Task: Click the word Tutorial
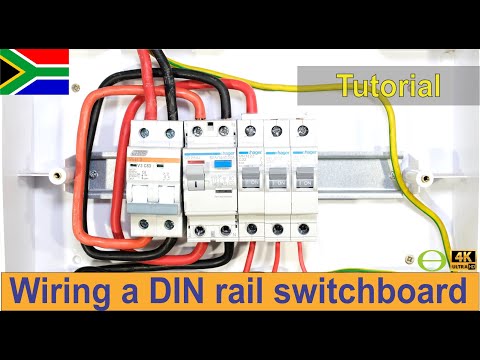click(x=389, y=86)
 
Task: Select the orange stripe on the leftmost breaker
click(x=155, y=160)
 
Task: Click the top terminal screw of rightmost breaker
click(x=301, y=129)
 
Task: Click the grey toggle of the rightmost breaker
click(x=301, y=184)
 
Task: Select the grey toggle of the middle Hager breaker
click(x=276, y=184)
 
